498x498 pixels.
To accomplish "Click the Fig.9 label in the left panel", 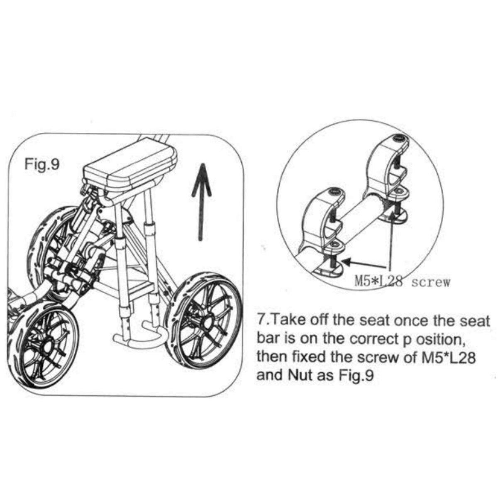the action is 42,164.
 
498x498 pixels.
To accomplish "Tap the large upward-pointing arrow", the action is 201,202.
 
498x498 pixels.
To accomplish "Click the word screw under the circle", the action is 430,283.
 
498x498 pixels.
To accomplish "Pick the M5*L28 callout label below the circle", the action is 378,282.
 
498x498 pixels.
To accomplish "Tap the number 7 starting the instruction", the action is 261,321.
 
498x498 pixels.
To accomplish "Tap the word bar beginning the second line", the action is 268,339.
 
